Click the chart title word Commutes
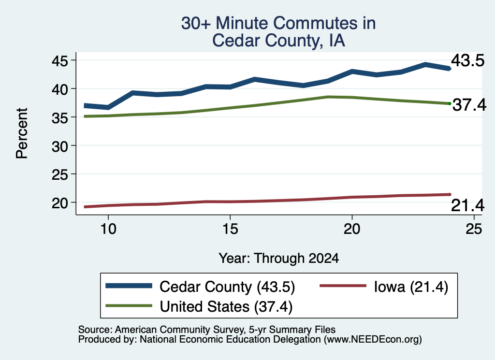324,23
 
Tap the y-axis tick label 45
59,61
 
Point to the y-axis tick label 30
59,146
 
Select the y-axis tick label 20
59,203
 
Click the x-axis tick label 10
108,229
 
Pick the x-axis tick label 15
230,229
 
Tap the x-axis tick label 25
474,229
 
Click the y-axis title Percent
22,133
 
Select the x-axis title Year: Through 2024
279,258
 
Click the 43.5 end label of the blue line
467,60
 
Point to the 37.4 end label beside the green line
469,105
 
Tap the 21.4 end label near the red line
467,206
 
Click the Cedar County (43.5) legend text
227,287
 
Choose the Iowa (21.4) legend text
411,287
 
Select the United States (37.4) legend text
226,306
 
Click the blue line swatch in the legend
129,286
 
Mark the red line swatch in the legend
343,286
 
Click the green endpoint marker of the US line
450,103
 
